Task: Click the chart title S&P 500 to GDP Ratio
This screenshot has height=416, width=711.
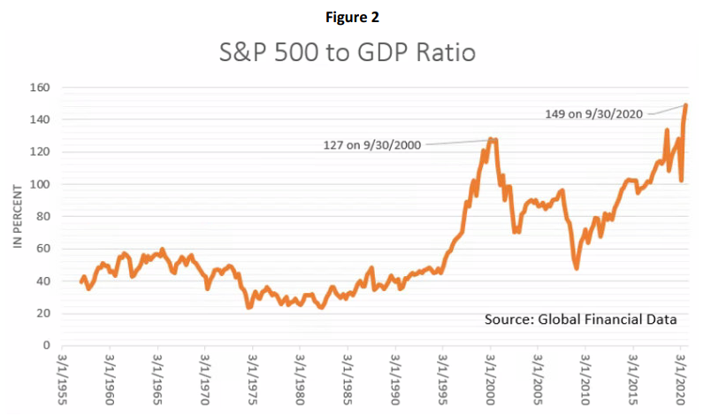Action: [347, 52]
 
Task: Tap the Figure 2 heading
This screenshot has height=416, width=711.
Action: [355, 15]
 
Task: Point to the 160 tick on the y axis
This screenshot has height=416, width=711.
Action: [41, 88]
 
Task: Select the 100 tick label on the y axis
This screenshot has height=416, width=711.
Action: [41, 184]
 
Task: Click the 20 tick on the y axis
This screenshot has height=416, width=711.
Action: [43, 313]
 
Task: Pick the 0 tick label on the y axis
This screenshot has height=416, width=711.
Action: [47, 345]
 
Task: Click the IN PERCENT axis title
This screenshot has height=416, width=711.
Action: [16, 216]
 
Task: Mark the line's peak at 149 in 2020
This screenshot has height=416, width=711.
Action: [686, 105]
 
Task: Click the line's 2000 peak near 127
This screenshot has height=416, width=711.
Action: [492, 139]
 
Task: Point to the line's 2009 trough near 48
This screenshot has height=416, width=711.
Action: [576, 267]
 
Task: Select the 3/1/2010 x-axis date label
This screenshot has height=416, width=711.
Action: [585, 381]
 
